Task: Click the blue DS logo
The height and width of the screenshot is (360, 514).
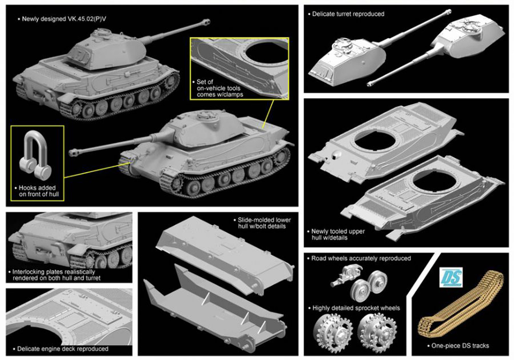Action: click(451, 277)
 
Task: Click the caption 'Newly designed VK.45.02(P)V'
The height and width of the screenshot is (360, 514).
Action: click(62, 19)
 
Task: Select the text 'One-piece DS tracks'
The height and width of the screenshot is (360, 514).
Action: click(458, 346)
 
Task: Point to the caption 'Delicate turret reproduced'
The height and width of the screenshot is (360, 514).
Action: click(346, 14)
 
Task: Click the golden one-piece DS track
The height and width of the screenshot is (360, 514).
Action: click(461, 304)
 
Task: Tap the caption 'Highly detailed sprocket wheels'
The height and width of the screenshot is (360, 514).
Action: click(354, 308)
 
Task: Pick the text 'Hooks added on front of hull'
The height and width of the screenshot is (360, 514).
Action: click(37, 191)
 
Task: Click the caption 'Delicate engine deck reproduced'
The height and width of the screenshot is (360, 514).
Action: click(61, 349)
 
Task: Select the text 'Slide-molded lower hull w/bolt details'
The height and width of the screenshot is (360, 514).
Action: click(262, 223)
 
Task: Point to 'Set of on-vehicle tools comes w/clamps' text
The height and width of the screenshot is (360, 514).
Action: click(218, 88)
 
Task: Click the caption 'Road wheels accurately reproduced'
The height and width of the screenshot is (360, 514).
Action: click(359, 259)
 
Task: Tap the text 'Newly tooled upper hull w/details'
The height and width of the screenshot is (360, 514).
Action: click(336, 235)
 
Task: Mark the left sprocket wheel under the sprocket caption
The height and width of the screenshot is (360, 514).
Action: click(333, 331)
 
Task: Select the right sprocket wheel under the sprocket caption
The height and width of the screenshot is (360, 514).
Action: click(377, 331)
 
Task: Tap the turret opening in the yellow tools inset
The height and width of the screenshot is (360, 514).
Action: click(267, 52)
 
